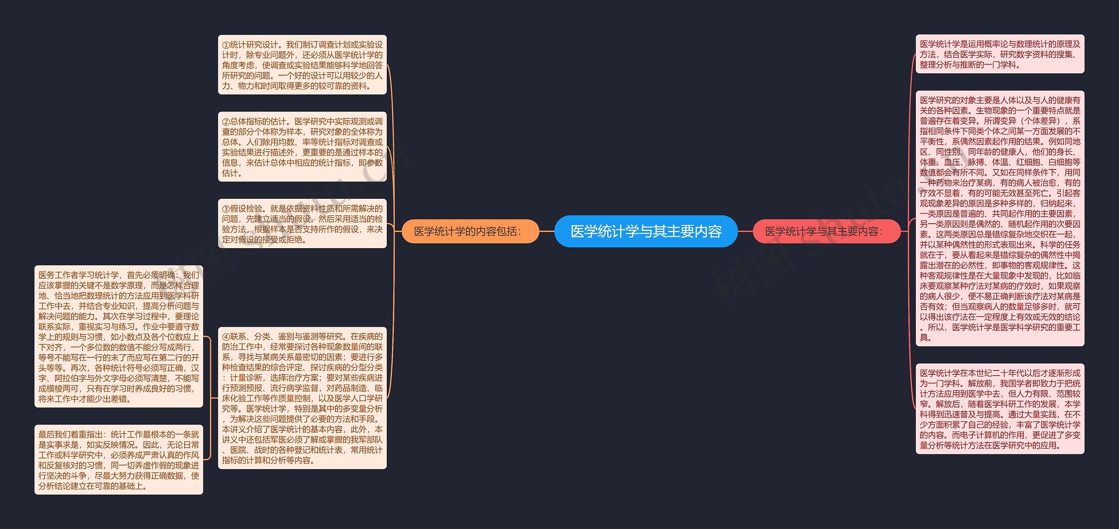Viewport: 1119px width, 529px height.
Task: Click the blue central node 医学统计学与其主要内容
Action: point(646,231)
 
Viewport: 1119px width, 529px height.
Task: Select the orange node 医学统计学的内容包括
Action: point(469,231)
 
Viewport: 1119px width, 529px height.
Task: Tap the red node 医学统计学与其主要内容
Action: point(826,231)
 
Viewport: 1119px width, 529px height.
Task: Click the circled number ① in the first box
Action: point(226,45)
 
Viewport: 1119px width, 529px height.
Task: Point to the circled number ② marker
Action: point(226,122)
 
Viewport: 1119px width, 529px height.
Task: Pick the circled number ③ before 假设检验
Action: point(226,209)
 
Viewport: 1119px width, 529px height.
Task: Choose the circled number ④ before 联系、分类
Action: point(226,337)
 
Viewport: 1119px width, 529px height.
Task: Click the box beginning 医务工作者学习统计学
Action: point(118,336)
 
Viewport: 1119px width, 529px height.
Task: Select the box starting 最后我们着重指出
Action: point(118,460)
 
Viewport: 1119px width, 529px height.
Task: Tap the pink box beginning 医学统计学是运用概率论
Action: point(1000,54)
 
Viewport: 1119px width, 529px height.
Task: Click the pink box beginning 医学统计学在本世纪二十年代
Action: point(1000,409)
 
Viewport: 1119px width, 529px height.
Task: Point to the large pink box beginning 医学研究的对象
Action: point(1000,218)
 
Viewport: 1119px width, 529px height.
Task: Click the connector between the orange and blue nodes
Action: point(546,231)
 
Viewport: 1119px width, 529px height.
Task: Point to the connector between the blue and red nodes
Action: point(745,231)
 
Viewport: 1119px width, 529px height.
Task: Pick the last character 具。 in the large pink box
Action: point(925,338)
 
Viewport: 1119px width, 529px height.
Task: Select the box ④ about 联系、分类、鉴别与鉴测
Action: point(302,398)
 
